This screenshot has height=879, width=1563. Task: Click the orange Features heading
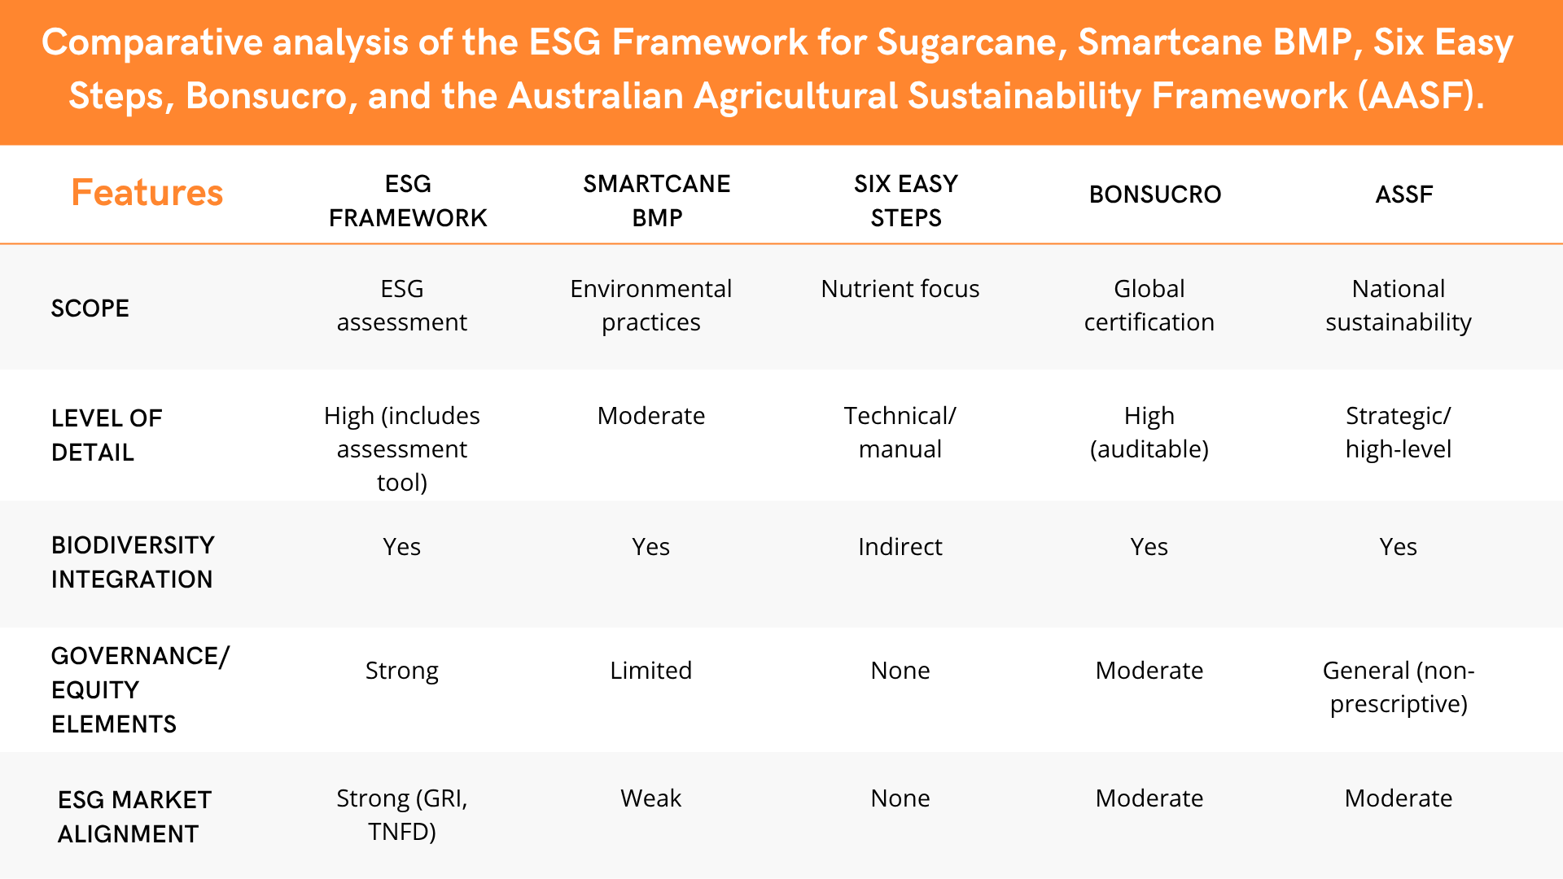click(147, 193)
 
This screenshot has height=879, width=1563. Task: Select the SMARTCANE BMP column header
click(657, 201)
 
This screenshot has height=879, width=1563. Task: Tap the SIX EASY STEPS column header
click(906, 201)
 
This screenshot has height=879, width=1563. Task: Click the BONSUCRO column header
click(1155, 195)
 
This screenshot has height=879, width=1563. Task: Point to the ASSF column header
click(1404, 195)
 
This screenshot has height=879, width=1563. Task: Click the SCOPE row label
click(90, 308)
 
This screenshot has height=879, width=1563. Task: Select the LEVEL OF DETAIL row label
click(107, 435)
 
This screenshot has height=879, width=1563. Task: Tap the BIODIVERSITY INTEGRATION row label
click(133, 562)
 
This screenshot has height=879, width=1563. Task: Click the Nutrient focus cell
click(900, 289)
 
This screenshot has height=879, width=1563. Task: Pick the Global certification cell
click(1149, 305)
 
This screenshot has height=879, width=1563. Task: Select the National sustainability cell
click(1399, 305)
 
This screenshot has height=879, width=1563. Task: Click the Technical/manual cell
click(900, 432)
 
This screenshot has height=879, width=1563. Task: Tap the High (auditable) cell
click(1149, 432)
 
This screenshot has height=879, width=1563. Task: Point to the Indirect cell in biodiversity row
click(900, 547)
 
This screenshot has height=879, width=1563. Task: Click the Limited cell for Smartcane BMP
click(651, 671)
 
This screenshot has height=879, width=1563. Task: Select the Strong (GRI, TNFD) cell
click(402, 815)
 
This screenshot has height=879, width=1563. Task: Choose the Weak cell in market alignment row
click(651, 798)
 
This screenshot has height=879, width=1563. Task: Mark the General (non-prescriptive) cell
click(1399, 687)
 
